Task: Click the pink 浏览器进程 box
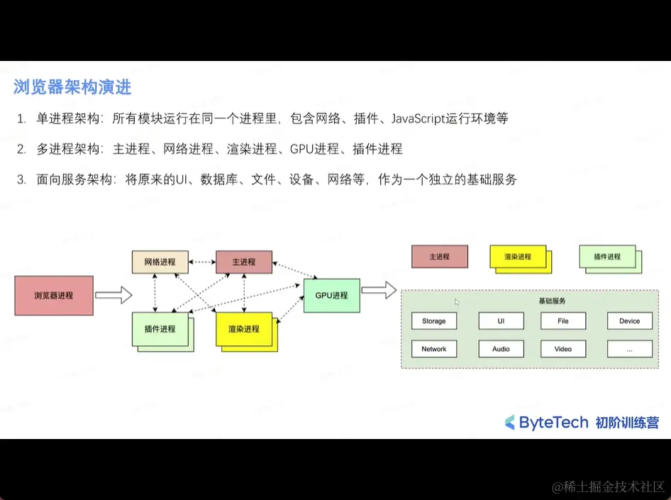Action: click(54, 295)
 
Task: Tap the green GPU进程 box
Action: click(331, 295)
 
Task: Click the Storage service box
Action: click(433, 321)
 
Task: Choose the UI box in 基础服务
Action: click(501, 321)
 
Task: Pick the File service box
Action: click(563, 321)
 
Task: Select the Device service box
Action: click(629, 321)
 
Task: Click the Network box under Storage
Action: click(433, 349)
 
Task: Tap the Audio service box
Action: click(501, 349)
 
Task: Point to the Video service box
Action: click(563, 349)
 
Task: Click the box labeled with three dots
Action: click(629, 349)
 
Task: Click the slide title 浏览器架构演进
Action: click(72, 88)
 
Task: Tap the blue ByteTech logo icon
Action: click(509, 423)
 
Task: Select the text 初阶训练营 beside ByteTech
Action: click(627, 423)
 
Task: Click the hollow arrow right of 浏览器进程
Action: click(113, 294)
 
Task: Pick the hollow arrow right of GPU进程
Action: click(378, 289)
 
